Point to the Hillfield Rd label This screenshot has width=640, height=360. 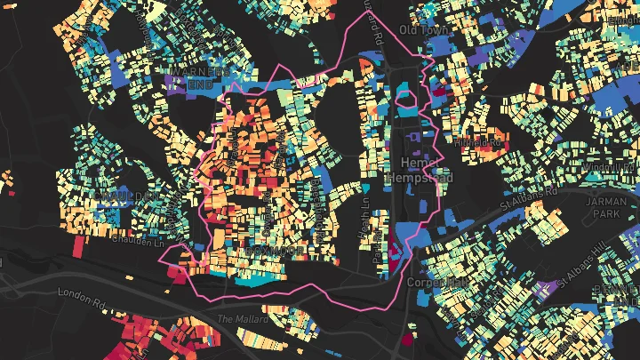(480, 142)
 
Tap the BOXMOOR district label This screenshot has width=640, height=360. (274, 252)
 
